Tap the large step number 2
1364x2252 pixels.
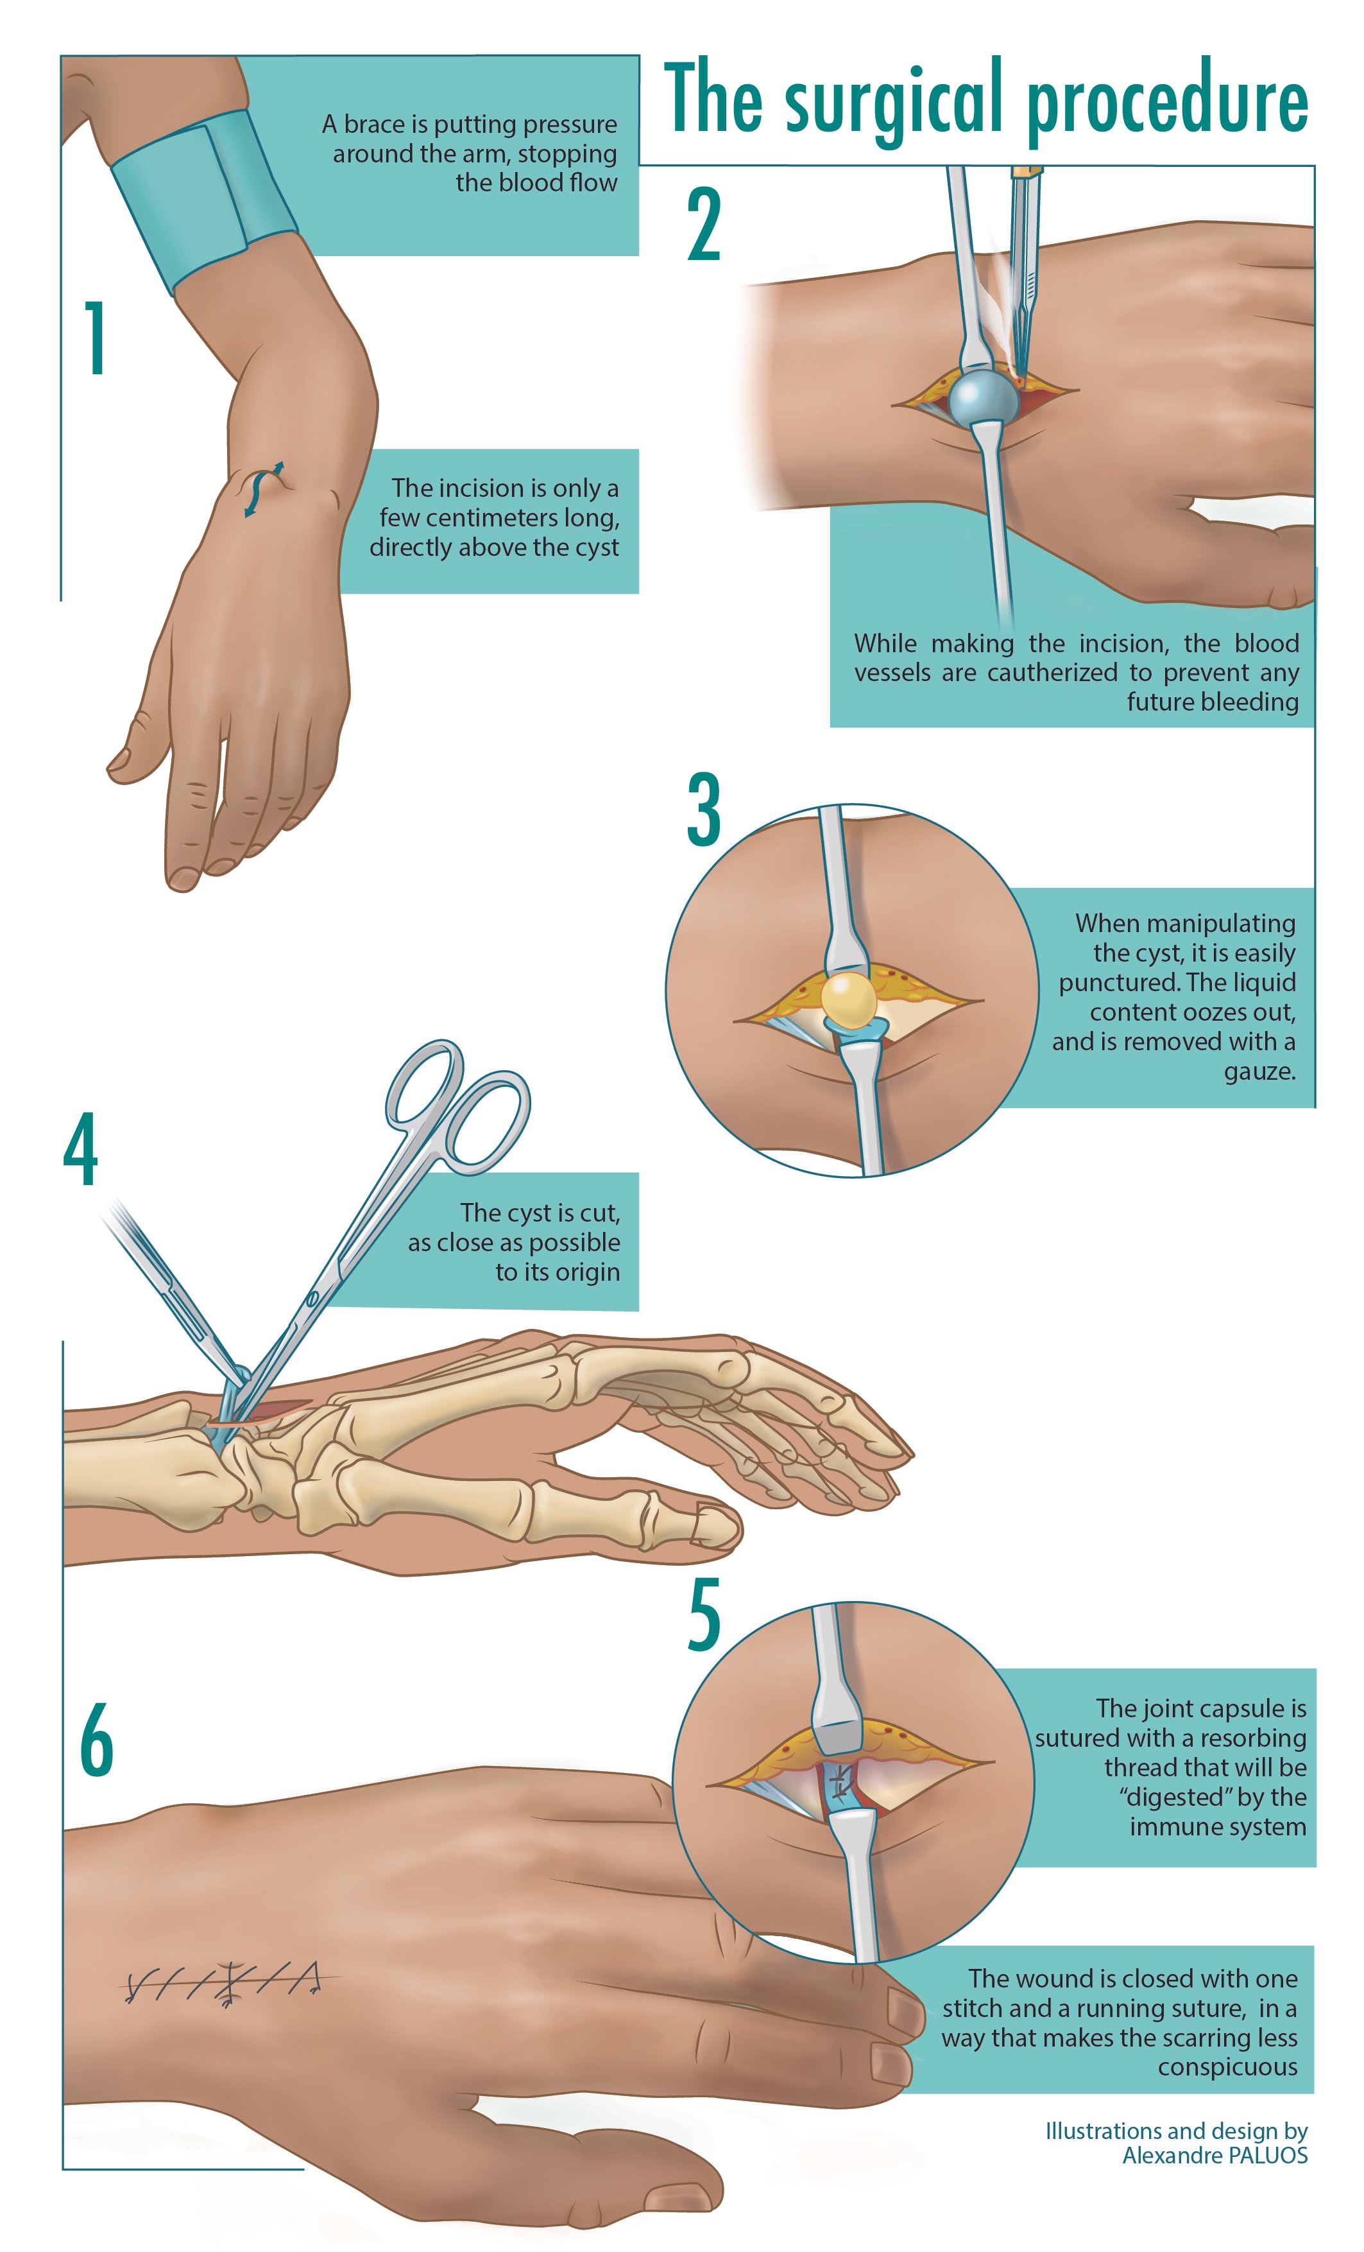(x=704, y=225)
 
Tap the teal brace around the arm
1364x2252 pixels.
(x=203, y=200)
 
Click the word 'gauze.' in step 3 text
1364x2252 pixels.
(x=1260, y=1072)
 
